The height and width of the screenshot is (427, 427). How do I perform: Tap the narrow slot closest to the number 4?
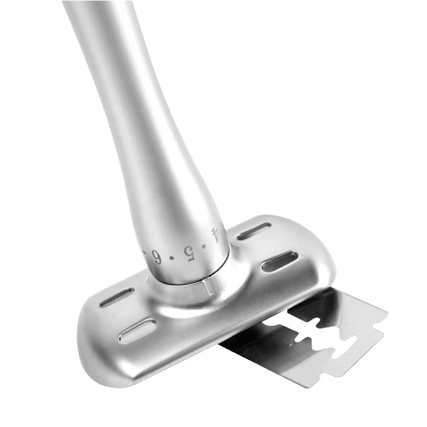tap(254, 231)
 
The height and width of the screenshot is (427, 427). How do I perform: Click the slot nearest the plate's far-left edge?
tap(116, 297)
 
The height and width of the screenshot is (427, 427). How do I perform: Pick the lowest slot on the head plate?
tap(137, 331)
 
